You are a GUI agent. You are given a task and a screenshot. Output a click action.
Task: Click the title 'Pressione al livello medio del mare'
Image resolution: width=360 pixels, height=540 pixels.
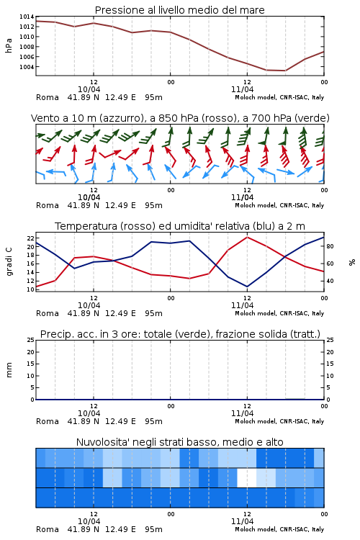(179, 10)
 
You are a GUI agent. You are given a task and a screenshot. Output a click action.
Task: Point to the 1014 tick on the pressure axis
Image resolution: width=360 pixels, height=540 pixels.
(27, 17)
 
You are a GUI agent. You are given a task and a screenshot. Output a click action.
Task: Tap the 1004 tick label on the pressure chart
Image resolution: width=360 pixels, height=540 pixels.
(27, 67)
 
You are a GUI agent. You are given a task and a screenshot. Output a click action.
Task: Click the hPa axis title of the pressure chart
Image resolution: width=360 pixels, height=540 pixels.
(9, 45)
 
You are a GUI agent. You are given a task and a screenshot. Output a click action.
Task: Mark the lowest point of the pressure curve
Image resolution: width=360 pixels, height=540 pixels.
(285, 71)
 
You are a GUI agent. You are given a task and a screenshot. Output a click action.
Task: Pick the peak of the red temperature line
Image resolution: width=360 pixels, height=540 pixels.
(247, 237)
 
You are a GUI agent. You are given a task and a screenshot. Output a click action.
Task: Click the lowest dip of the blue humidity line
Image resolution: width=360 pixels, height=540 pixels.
(247, 287)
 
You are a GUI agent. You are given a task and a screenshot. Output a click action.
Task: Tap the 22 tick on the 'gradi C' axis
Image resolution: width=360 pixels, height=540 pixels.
(31, 238)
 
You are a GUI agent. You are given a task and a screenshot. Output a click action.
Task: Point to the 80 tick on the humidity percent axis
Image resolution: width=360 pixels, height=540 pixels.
(330, 246)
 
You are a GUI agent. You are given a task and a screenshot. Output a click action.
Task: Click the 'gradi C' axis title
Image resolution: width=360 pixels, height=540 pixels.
(9, 261)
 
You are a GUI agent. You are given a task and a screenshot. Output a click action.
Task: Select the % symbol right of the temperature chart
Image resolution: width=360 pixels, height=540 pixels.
(352, 262)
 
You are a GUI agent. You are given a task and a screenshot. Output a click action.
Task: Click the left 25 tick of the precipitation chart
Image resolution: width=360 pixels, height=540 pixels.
(31, 340)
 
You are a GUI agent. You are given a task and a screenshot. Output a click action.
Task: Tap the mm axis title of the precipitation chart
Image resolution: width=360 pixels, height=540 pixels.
(9, 369)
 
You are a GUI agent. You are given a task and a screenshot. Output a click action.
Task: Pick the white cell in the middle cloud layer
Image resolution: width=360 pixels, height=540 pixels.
(247, 477)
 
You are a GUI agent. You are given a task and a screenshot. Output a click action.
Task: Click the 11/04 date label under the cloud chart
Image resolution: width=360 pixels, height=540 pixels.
(242, 521)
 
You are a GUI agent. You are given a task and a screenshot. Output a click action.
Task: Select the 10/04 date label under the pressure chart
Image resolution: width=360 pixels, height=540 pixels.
(89, 89)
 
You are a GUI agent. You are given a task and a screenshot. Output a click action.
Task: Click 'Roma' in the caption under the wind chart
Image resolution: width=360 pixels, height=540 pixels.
(48, 205)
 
